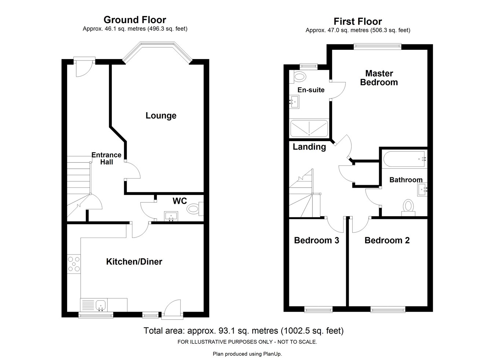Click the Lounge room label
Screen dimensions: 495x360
point(161,116)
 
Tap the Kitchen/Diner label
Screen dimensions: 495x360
point(134,262)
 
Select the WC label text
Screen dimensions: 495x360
point(180,201)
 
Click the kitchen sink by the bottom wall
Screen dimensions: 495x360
point(100,304)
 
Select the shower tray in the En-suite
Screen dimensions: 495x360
point(309,129)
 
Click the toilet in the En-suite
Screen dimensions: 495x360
point(300,77)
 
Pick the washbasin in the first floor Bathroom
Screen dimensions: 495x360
point(423,190)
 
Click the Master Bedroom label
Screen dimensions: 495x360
point(379,78)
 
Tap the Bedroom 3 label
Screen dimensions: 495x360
point(316,240)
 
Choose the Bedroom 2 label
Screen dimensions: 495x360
point(387,240)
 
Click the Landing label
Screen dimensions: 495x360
point(309,147)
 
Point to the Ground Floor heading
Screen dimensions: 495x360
point(135,20)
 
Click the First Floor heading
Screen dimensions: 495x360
point(357,22)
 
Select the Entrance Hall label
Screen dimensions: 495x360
point(106,158)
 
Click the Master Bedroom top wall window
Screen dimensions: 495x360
point(378,46)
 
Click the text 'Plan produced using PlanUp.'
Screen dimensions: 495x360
point(247,354)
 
